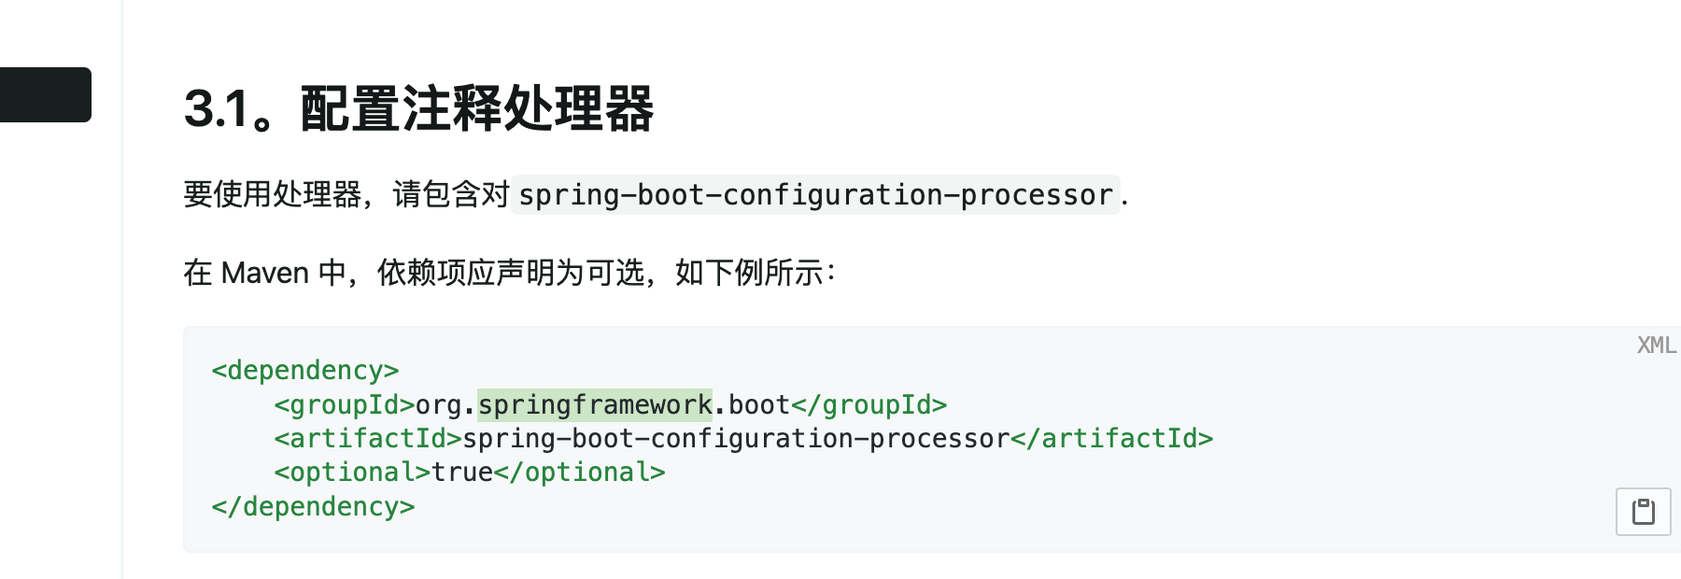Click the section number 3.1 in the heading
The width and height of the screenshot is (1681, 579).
tap(216, 109)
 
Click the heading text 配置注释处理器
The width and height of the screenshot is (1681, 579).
tap(476, 109)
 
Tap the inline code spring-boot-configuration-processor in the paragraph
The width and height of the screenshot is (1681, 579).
tap(815, 195)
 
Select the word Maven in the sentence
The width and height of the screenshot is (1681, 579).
tap(265, 273)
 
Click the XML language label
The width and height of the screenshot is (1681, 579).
tap(1656, 346)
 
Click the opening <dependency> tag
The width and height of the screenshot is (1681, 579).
tap(305, 371)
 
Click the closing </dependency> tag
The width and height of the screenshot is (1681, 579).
tap(313, 507)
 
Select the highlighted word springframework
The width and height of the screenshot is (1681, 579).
tap(595, 405)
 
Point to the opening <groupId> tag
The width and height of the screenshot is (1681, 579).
tap(345, 405)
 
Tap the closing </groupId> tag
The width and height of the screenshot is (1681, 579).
tap(869, 405)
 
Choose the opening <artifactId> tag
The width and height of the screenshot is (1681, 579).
tap(368, 439)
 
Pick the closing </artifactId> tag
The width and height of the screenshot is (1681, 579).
tap(1112, 439)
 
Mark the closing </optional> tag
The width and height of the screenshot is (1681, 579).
tap(580, 473)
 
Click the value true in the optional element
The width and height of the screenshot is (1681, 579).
tap(462, 473)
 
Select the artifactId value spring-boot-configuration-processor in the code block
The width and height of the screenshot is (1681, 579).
tap(736, 439)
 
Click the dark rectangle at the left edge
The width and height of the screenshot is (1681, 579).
tap(45, 94)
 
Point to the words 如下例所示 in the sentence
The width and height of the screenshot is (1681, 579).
tap(749, 273)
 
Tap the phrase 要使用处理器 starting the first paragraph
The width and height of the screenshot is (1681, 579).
tap(273, 195)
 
